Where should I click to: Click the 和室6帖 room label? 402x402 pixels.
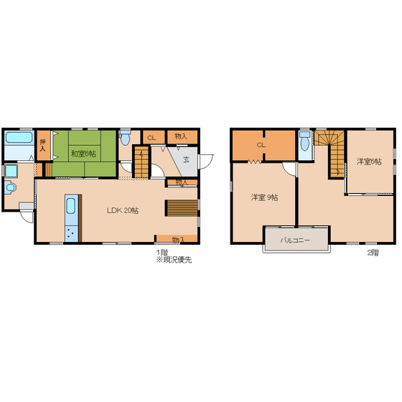point(83,154)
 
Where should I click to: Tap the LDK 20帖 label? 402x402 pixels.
point(123,210)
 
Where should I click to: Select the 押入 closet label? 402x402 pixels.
point(42,145)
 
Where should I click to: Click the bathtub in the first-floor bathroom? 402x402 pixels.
point(19,137)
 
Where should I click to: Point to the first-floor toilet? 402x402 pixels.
point(125,138)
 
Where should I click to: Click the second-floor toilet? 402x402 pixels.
point(305,142)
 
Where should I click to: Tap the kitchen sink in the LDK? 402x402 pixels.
point(71,206)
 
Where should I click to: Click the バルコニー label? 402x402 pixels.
point(295,240)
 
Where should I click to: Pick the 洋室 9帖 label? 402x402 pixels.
point(264,197)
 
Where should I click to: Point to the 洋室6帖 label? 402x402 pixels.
point(369,162)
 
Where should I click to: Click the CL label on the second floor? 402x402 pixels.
point(261,145)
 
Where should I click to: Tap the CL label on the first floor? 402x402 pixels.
point(151,138)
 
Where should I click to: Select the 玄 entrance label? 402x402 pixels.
point(187,159)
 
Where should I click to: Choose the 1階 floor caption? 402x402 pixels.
point(162,253)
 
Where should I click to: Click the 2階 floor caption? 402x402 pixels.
point(373,253)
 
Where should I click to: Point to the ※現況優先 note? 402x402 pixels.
point(174,260)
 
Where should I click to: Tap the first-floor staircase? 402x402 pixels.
point(141,162)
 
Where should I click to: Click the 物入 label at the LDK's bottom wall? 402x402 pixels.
point(178,240)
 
